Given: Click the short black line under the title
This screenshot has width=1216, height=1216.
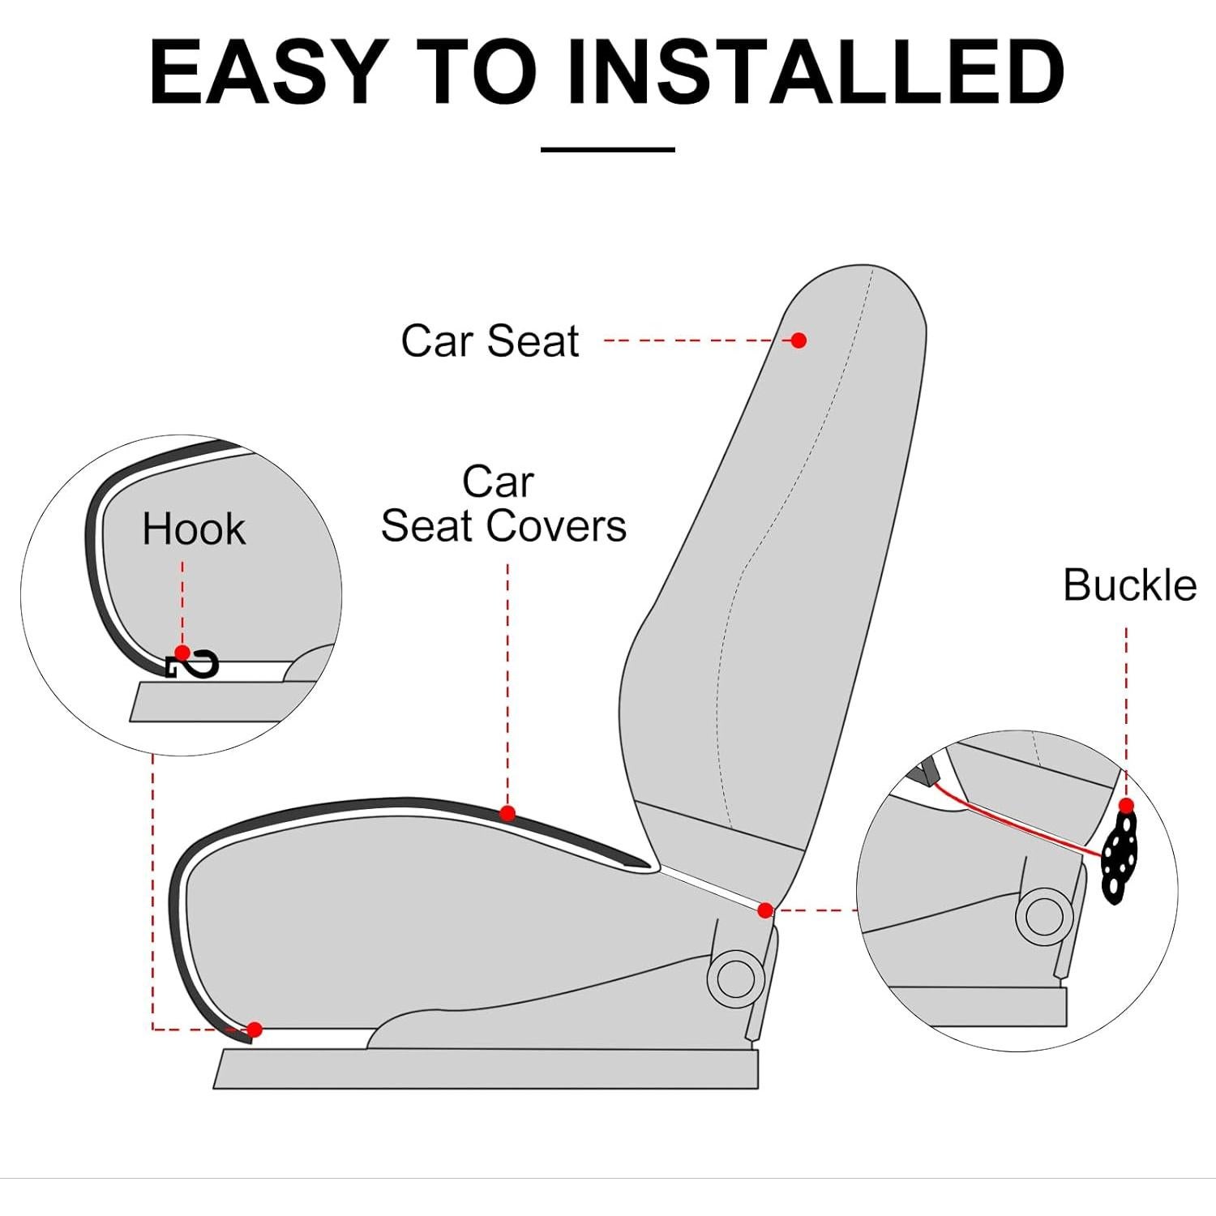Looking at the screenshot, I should pyautogui.click(x=607, y=149).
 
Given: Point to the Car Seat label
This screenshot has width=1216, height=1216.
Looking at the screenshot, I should pyautogui.click(x=490, y=340).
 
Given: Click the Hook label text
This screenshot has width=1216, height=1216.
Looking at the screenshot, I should pyautogui.click(x=193, y=529).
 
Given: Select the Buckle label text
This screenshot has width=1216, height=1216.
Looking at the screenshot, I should pyautogui.click(x=1129, y=584).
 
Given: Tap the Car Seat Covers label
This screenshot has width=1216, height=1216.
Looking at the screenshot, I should pyautogui.click(x=503, y=504).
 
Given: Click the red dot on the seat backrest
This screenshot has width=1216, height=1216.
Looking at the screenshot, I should pyautogui.click(x=799, y=340).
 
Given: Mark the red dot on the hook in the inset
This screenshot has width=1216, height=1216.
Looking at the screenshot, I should pyautogui.click(x=182, y=653).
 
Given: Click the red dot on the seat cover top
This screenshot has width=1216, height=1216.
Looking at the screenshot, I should pyautogui.click(x=507, y=813).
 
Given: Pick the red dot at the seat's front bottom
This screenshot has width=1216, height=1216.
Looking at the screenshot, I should pyautogui.click(x=255, y=1030).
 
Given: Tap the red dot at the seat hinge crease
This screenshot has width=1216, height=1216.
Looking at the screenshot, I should pyautogui.click(x=764, y=910).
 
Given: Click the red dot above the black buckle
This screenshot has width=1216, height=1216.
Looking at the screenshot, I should pyautogui.click(x=1126, y=806).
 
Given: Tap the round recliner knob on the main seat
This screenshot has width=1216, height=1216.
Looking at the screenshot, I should pyautogui.click(x=735, y=979).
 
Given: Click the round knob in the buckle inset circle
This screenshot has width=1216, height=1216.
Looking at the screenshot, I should pyautogui.click(x=1043, y=916).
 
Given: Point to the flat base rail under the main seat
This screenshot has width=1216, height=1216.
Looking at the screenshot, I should pyautogui.click(x=486, y=1068).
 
